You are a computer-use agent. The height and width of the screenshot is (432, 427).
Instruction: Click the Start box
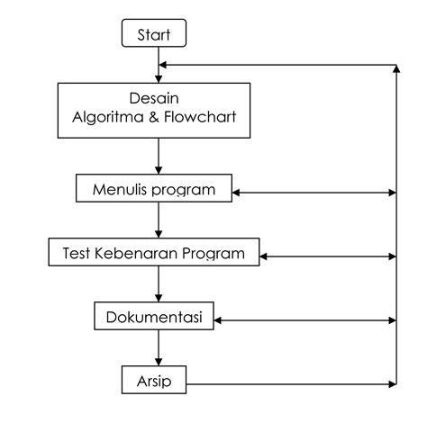tap(153, 35)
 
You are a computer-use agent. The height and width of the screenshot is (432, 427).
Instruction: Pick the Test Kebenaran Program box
tap(153, 253)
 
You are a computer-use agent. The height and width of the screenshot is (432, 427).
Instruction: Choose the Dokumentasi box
tap(153, 318)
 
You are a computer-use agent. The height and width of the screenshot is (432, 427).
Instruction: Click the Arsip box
tap(153, 381)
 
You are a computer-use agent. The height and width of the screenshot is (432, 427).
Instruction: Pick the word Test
tap(77, 253)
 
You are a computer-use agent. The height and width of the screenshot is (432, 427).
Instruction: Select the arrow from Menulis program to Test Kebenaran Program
tap(159, 220)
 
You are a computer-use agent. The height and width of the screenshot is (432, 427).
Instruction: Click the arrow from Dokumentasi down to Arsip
tap(159, 349)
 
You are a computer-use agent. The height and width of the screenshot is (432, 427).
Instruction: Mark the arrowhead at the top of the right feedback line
tap(396, 68)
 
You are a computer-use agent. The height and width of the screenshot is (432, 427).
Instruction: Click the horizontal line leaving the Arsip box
tap(288, 383)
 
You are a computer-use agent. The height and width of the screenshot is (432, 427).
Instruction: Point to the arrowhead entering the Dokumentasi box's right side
tap(217, 319)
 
